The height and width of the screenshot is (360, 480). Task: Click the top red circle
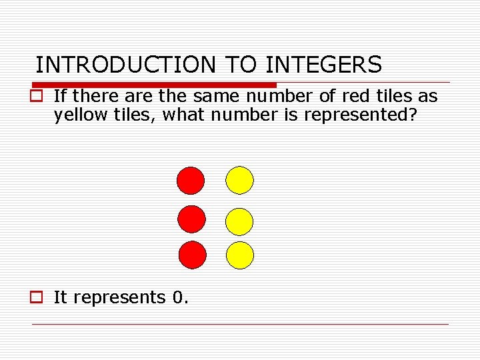[x=190, y=179]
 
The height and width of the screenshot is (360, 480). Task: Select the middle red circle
[x=192, y=219]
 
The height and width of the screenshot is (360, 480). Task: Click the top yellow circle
[x=240, y=179]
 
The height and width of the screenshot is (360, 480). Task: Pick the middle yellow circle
[x=240, y=222]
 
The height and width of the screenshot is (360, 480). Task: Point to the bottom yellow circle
[x=240, y=255]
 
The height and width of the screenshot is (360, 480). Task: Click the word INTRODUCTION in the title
[x=126, y=65]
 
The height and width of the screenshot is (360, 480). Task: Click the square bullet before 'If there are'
[x=41, y=97]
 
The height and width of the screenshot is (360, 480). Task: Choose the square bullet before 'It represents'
[x=41, y=298]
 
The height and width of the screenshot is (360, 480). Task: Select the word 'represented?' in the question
[x=361, y=115]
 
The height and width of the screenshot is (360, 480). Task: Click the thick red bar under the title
[x=153, y=85]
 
